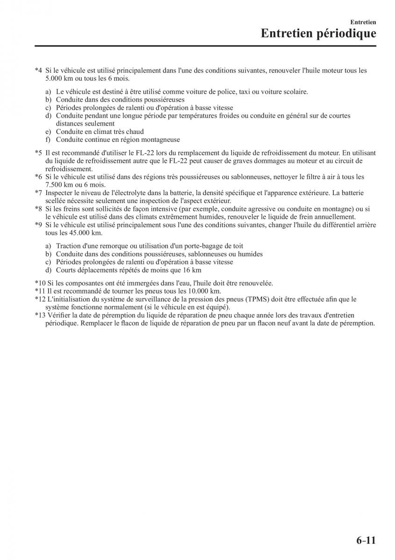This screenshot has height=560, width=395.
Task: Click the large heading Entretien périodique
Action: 318,34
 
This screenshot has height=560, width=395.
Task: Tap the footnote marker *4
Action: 38,71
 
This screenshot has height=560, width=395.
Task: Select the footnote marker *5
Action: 38,153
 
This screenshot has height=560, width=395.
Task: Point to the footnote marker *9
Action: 38,225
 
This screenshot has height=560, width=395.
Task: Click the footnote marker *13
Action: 40,315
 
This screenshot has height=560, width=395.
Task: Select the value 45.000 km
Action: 86,233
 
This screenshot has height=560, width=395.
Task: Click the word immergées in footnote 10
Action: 129,283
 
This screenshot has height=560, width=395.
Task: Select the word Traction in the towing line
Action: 68,246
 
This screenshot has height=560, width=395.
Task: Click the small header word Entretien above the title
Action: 363,21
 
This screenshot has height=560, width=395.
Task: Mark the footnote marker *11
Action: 40,291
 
